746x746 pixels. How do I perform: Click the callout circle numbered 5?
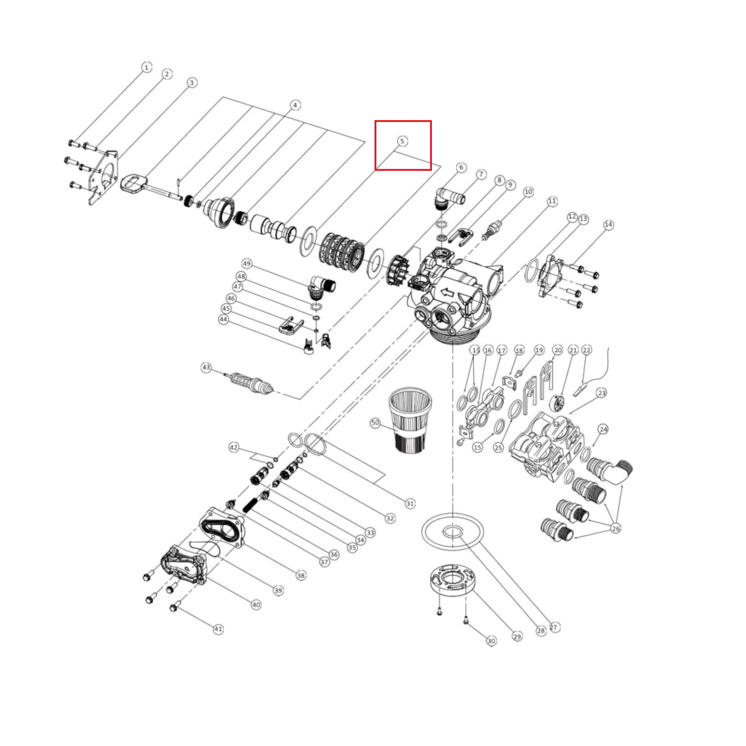coord(402,141)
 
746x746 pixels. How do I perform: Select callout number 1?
coord(146,68)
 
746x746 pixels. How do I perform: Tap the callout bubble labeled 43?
coord(206,367)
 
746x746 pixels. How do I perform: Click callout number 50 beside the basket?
coord(375,423)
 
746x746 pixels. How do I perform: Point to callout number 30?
coord(491,641)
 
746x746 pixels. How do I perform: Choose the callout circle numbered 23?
coord(602,393)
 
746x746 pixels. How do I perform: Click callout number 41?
coord(218,629)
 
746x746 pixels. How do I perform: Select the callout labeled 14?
coord(608,225)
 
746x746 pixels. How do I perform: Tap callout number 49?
coord(247,264)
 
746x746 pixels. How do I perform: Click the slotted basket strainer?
coord(410,420)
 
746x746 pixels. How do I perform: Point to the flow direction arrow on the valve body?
coord(447,292)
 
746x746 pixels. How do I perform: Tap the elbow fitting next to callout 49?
coord(321,287)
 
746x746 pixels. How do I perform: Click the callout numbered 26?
coord(615,528)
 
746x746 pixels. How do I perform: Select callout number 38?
coord(301,576)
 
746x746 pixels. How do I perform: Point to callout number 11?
coord(552,201)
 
